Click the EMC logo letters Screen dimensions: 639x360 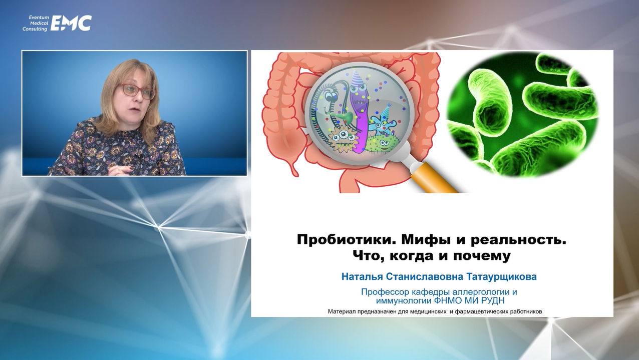tap(71, 23)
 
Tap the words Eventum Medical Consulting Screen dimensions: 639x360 tap(36, 23)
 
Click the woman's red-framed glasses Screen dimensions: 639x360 tap(136, 91)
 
